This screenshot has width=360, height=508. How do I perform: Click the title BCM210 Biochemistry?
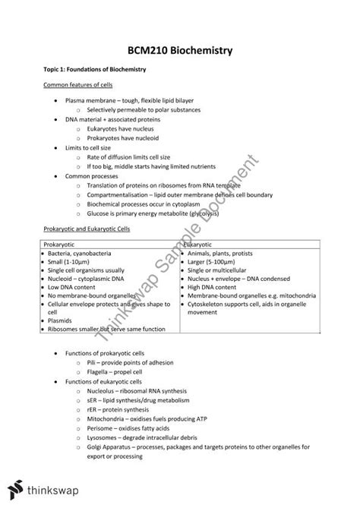(180, 50)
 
